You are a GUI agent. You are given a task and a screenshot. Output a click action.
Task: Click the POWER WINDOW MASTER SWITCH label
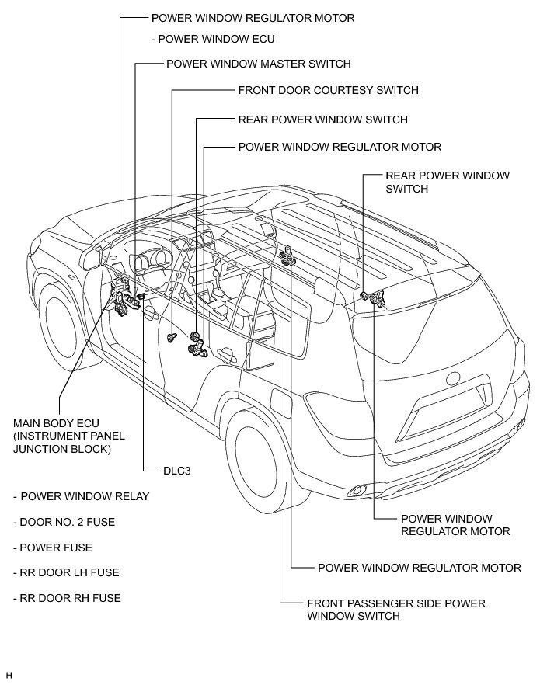[x=258, y=64]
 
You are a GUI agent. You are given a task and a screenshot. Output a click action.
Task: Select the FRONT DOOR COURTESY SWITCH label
[x=328, y=90]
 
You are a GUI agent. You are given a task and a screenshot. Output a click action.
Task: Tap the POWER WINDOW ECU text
[x=217, y=38]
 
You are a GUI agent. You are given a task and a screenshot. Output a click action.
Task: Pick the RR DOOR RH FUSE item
[x=71, y=598]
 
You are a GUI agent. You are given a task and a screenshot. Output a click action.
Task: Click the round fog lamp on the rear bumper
[x=359, y=490]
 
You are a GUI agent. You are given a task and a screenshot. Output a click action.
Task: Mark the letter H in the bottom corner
[x=9, y=675]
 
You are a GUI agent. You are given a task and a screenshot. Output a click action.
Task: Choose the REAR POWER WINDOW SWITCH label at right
[x=447, y=182]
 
